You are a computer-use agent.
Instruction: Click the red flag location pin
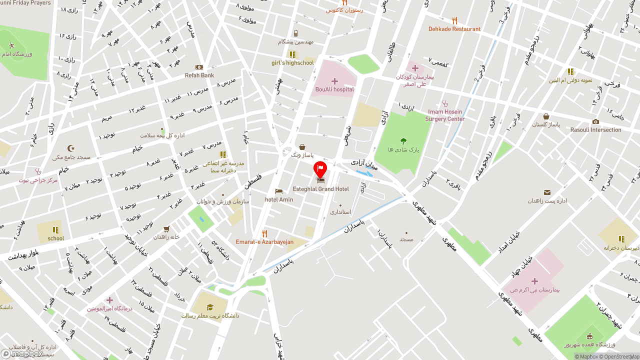(320, 169)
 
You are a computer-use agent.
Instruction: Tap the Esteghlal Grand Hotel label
(320, 189)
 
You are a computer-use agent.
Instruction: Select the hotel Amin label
(279, 199)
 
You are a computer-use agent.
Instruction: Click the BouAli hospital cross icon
(334, 81)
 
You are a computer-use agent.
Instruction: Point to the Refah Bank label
(199, 75)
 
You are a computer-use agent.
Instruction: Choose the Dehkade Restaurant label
(454, 29)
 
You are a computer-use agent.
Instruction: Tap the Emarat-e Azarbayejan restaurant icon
(265, 233)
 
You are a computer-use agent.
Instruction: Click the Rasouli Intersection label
(595, 130)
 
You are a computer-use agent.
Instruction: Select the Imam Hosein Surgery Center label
(445, 115)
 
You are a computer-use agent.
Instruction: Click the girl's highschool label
(292, 63)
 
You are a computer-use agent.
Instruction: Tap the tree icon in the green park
(403, 141)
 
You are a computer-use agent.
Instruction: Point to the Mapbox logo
(21, 354)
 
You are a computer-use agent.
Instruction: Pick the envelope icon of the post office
(547, 192)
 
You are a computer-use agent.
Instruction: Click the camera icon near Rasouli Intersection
(595, 121)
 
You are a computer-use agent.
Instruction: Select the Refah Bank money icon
(199, 67)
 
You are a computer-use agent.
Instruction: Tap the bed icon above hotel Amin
(279, 191)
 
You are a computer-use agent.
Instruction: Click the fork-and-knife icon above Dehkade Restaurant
(454, 20)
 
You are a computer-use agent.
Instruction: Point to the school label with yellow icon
(55, 238)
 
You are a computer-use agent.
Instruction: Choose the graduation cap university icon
(210, 307)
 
